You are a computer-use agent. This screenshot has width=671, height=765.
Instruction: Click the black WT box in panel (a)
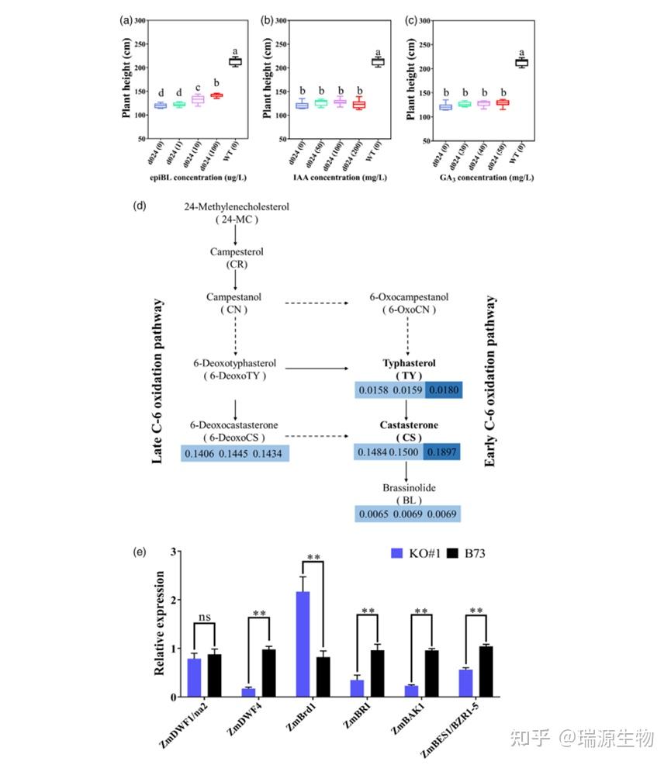[235, 61]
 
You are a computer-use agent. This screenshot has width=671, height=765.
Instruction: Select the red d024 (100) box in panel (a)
[216, 95]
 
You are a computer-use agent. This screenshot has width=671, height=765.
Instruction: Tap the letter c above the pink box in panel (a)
[198, 87]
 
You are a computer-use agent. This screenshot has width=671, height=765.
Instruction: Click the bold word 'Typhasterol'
[408, 362]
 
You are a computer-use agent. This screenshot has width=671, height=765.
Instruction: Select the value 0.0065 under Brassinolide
[374, 514]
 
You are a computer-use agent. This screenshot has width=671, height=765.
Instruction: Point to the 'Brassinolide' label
[408, 488]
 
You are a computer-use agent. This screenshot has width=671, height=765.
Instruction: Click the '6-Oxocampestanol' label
[408, 297]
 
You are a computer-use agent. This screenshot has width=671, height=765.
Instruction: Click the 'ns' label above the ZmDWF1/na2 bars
[204, 618]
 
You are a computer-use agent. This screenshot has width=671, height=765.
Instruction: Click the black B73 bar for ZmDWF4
[269, 673]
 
